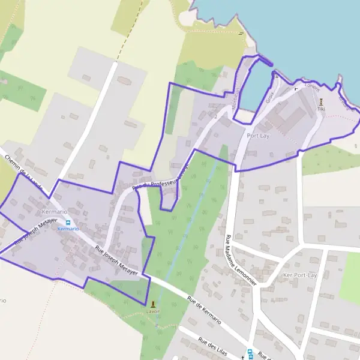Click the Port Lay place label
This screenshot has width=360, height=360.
(x=257, y=136)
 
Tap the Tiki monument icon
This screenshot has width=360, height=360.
(x=321, y=101)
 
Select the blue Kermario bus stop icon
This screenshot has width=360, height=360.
(x=68, y=222)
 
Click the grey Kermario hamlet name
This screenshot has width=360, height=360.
(x=55, y=212)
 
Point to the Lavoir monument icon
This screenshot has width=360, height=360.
(x=152, y=304)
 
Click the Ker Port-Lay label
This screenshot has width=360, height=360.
(x=299, y=275)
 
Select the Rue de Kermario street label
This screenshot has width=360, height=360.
(x=204, y=310)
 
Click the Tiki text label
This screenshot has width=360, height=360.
(x=321, y=110)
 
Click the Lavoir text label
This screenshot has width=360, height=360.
(x=152, y=312)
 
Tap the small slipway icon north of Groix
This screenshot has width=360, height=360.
(x=275, y=75)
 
